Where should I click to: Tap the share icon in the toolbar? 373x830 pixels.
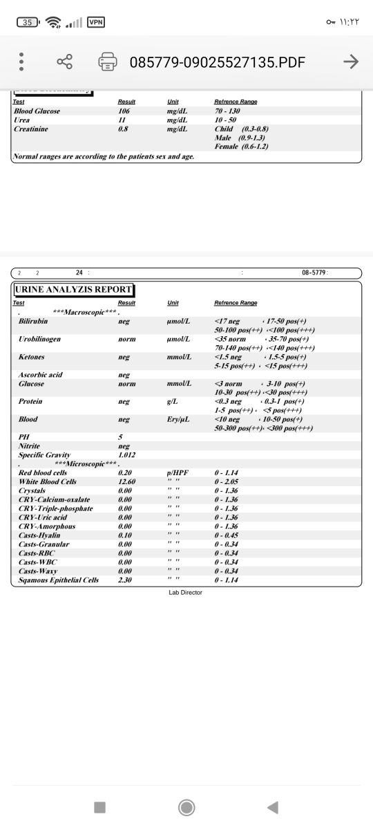pos(65,62)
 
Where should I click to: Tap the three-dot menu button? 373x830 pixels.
pos(21,62)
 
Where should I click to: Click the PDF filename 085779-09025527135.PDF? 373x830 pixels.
pos(217,63)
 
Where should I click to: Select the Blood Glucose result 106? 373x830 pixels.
pos(124,111)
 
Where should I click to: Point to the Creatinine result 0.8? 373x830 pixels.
pos(124,129)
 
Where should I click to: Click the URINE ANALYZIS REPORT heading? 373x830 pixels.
pos(74,290)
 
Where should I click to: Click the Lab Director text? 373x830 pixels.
pos(185,593)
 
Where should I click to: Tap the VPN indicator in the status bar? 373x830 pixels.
pos(95,22)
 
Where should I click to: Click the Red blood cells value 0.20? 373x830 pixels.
pos(125,472)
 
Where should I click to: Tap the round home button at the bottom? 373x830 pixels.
pos(186,807)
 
